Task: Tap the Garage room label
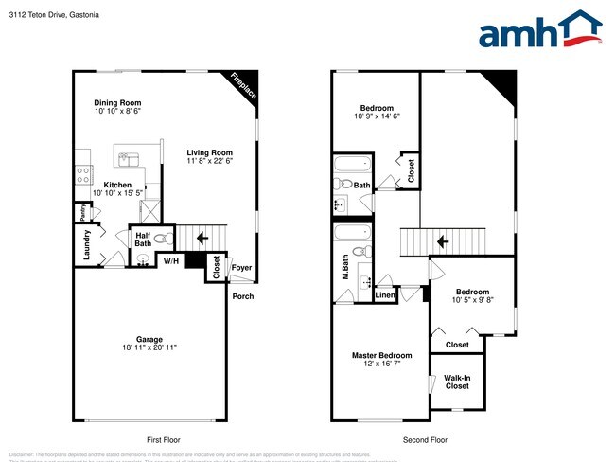point(149,339)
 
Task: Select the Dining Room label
point(117,102)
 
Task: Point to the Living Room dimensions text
point(209,161)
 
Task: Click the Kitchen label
point(117,185)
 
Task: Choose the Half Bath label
point(144,240)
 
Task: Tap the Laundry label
point(87,243)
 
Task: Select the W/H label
point(170,260)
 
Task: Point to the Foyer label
point(242,267)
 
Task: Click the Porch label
point(244,296)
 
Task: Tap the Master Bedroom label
point(381,355)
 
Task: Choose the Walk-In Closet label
point(457,382)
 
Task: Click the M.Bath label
point(346,266)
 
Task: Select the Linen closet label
point(385,295)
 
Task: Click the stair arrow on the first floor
point(201,239)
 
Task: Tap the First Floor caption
point(164,440)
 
